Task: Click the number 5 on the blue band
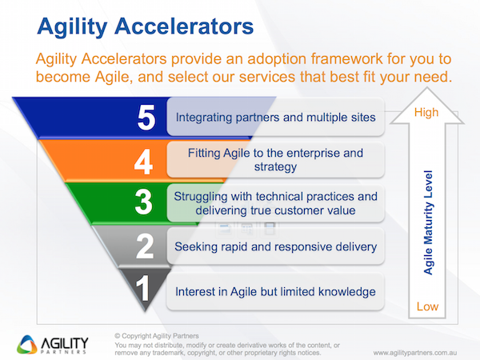click(146, 118)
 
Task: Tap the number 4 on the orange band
click(143, 162)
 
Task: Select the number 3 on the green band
click(143, 202)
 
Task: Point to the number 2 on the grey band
click(145, 246)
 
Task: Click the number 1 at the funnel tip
click(142, 288)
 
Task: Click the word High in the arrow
click(426, 112)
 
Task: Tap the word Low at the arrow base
click(427, 306)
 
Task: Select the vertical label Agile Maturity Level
click(428, 222)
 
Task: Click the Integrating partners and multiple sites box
click(275, 117)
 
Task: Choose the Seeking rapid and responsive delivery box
click(275, 246)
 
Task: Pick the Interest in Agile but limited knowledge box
click(275, 291)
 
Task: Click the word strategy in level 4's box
click(275, 167)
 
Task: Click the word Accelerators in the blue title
click(184, 26)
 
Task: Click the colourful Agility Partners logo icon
click(27, 345)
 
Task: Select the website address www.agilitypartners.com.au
click(414, 353)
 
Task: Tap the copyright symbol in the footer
click(118, 336)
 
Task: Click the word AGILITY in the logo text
click(65, 343)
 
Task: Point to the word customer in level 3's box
click(298, 210)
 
